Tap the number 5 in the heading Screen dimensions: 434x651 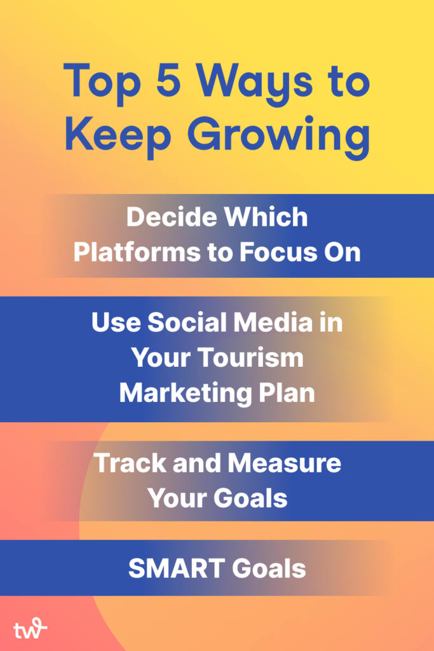tap(168, 79)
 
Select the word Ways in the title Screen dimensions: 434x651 tap(254, 83)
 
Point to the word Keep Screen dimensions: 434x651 tap(118, 135)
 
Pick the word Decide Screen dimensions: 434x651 tap(171, 217)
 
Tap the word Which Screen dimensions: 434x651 tap(266, 217)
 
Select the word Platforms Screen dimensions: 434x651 tap(137, 252)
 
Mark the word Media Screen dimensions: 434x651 tap(273, 322)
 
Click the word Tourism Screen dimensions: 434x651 tap(250, 357)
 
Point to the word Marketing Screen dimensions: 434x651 tap(185, 394)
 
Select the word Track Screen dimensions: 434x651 tap(129, 463)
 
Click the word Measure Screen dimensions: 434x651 tap(284, 463)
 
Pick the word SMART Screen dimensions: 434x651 tap(176, 568)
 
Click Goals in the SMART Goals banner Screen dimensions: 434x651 tap(269, 568)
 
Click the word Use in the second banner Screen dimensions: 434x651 tap(116, 322)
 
